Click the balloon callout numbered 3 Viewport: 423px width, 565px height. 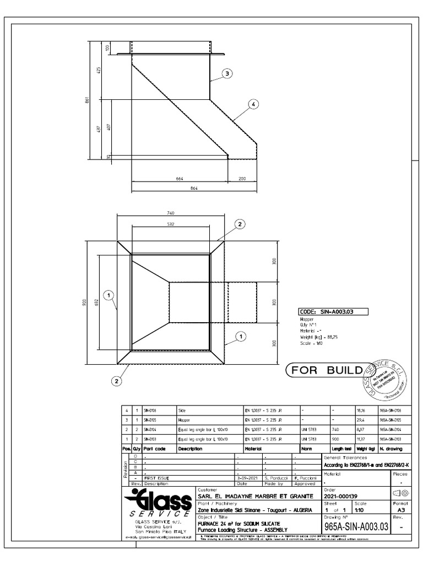click(226, 73)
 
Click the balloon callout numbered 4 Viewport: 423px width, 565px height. click(253, 106)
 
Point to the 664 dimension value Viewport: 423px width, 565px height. click(179, 179)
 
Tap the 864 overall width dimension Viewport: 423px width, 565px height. click(193, 188)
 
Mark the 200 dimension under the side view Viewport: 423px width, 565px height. click(242, 179)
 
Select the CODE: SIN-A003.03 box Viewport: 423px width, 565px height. click(332, 312)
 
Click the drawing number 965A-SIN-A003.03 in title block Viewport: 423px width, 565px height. click(357, 527)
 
